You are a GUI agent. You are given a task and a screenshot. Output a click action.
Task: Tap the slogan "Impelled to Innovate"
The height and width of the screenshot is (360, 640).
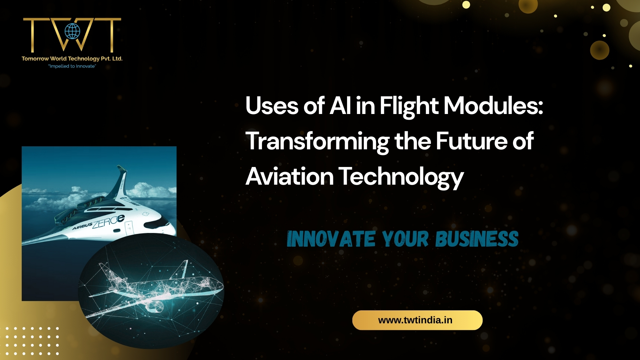(x=72, y=66)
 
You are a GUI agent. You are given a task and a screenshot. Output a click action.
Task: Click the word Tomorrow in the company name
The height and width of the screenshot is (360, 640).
(x=35, y=59)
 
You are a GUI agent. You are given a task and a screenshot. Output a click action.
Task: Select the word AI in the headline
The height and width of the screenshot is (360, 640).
(x=340, y=106)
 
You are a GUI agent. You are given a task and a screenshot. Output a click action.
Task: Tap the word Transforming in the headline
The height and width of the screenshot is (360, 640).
(x=317, y=142)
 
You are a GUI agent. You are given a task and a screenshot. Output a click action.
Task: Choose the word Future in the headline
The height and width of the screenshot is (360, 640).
(x=471, y=141)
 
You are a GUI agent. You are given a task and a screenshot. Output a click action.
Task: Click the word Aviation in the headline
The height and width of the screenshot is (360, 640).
(x=289, y=176)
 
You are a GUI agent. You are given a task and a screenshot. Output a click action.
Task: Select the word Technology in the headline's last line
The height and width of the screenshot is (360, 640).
(x=401, y=177)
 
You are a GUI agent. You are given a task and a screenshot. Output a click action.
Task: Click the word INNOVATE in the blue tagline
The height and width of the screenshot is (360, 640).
(x=331, y=239)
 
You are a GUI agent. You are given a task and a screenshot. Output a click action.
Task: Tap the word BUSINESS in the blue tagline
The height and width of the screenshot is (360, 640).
(x=477, y=239)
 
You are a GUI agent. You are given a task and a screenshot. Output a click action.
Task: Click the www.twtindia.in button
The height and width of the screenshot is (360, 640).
(x=417, y=320)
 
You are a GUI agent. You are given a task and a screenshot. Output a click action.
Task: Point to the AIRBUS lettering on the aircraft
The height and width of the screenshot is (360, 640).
(x=82, y=226)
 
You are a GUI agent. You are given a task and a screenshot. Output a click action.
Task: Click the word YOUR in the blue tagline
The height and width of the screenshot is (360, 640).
(x=405, y=239)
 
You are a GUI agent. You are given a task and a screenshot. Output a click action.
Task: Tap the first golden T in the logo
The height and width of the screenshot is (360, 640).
(x=32, y=33)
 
